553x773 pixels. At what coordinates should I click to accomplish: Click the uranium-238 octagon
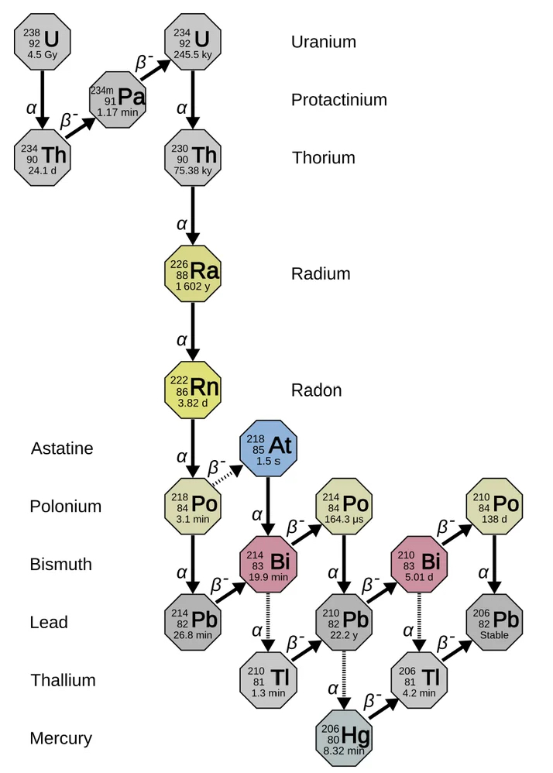(x=43, y=42)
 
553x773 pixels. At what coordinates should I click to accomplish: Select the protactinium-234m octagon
(x=118, y=100)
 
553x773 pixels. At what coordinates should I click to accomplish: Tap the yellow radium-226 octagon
(x=193, y=273)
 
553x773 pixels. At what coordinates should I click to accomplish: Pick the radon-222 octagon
(x=193, y=390)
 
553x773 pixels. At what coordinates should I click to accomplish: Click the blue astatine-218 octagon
(x=268, y=448)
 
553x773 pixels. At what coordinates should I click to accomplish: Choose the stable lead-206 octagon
(x=494, y=622)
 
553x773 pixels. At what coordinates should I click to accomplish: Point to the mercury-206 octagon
(x=344, y=738)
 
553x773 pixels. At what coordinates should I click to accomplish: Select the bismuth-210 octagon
(x=419, y=564)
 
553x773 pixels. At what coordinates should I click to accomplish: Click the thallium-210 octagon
(x=268, y=680)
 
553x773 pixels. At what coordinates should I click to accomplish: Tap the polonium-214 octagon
(x=344, y=506)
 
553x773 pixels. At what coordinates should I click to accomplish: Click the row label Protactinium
(x=339, y=100)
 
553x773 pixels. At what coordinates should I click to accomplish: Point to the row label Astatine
(x=62, y=448)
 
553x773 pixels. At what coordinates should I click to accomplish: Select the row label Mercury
(x=60, y=738)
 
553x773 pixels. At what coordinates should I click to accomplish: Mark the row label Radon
(x=317, y=390)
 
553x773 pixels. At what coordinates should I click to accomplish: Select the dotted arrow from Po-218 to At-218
(x=227, y=476)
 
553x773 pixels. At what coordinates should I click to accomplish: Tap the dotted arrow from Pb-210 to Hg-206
(x=344, y=680)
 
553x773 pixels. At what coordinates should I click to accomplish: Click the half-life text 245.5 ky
(x=193, y=55)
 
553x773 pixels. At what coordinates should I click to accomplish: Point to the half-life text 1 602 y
(x=193, y=287)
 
